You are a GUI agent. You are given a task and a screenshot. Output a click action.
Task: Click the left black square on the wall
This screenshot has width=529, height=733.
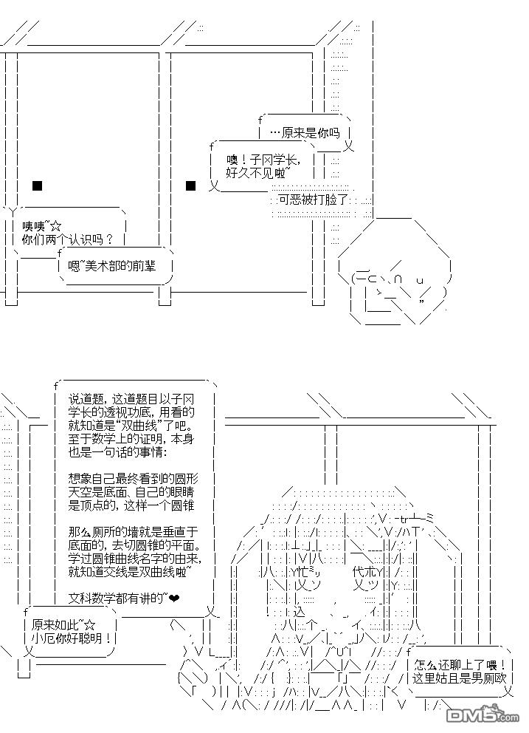(38, 185)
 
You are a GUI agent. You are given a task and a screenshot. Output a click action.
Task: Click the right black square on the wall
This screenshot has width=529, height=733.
(190, 185)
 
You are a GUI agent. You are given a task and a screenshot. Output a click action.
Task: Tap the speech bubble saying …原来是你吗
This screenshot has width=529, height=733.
(304, 133)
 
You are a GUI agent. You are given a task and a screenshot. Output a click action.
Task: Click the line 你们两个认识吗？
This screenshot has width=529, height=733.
(68, 239)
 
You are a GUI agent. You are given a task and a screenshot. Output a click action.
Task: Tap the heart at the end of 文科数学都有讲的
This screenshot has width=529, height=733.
(175, 597)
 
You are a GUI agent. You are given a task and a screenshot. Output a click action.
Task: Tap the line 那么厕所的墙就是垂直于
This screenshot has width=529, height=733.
(131, 531)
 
